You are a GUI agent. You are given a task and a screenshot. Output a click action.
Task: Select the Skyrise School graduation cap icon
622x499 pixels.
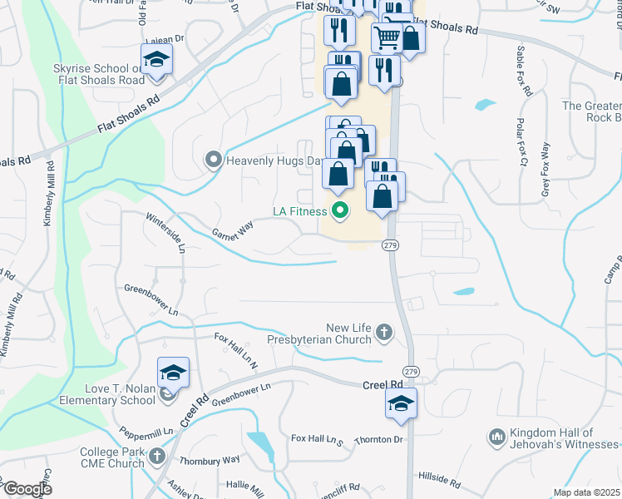155,60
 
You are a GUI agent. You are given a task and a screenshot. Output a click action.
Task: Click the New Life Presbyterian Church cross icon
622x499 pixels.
383,333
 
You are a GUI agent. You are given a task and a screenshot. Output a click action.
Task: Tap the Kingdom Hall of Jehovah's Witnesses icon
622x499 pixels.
497,437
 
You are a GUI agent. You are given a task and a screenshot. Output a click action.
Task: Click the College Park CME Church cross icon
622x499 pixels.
156,458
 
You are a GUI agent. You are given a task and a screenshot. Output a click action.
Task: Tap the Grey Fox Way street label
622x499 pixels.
545,170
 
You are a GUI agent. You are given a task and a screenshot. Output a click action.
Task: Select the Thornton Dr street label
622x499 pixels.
378,439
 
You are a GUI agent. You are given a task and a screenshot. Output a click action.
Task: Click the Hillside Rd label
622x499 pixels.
440,481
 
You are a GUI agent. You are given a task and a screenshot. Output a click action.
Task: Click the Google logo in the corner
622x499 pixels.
27,488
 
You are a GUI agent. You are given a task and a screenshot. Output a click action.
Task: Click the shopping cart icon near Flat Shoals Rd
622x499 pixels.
387,37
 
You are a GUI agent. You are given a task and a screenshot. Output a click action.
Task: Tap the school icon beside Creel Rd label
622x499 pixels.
401,405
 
